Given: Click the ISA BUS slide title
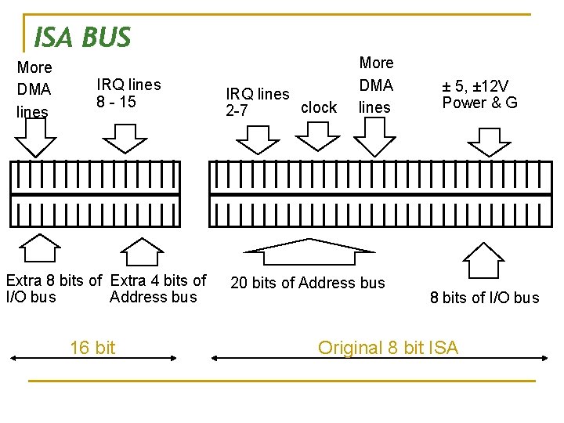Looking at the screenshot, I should tap(82, 36).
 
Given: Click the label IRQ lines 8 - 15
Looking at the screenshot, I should tap(128, 93).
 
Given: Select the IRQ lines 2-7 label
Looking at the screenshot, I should tap(257, 103).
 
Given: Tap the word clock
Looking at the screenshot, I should tap(319, 107).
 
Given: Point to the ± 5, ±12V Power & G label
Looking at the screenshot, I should tap(479, 94).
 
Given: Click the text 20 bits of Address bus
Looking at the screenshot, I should tap(308, 283).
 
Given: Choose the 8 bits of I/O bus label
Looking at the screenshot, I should tap(484, 298).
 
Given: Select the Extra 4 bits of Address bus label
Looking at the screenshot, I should tap(157, 288).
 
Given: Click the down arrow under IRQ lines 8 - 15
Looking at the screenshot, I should tap(125, 139).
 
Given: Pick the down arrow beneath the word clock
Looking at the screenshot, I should tap(316, 139).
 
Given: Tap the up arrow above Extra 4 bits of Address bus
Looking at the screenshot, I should tap(141, 251).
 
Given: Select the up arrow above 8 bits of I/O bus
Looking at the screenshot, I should tap(485, 260).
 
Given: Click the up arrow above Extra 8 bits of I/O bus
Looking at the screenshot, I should tap(39, 248).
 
